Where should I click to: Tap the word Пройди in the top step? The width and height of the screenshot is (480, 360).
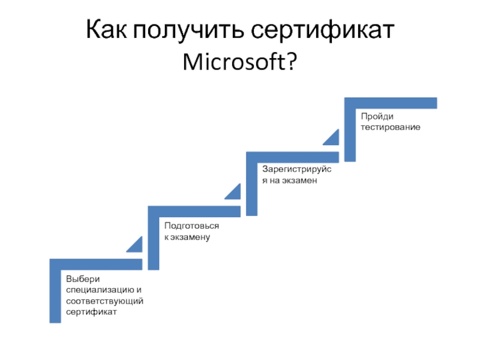click(373, 116)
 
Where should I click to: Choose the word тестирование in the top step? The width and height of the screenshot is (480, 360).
click(390, 127)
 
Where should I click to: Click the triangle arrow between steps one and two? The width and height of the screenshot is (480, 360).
click(136, 244)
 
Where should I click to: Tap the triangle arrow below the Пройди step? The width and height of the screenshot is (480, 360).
click(332, 137)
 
